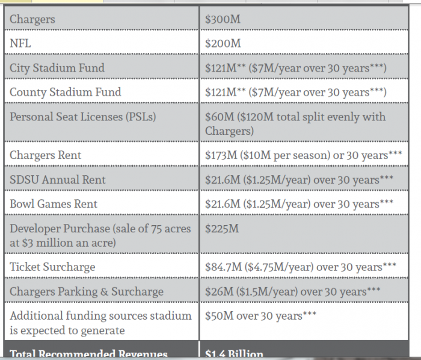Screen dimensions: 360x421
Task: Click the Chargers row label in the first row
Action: pos(32,19)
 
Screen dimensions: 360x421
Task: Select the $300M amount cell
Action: pos(223,19)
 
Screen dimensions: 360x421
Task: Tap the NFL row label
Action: pos(20,43)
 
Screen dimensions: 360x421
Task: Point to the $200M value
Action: pos(223,43)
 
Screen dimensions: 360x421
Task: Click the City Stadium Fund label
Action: pos(57,68)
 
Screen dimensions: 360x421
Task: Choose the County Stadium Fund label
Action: pos(65,92)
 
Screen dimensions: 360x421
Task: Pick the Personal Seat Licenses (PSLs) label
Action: pos(82,117)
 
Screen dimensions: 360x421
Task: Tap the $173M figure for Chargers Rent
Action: pos(220,155)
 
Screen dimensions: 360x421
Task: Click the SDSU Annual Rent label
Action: pos(57,179)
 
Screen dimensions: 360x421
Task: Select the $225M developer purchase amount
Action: pos(222,229)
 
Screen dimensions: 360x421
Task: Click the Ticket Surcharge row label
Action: pos(52,267)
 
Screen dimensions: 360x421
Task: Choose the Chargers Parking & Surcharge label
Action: pos(86,291)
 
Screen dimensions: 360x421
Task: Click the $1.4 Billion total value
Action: pos(234,354)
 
